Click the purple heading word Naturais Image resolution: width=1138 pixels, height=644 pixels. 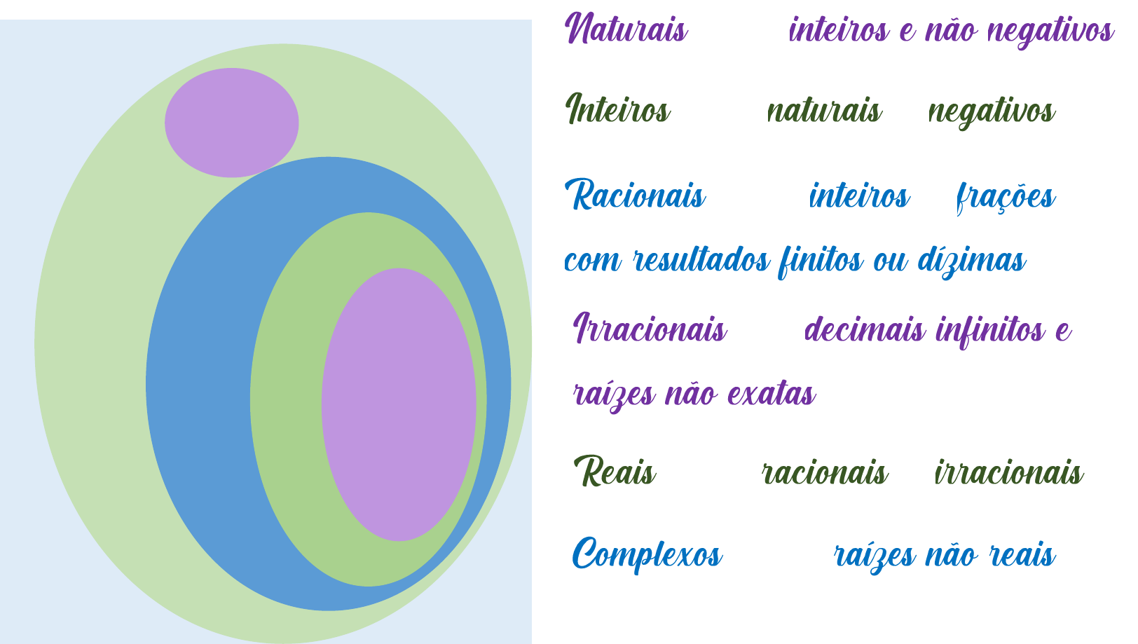626,30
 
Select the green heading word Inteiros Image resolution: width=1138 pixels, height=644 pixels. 617,110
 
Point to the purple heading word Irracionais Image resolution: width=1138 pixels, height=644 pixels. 650,328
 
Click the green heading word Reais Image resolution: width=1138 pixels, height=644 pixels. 615,472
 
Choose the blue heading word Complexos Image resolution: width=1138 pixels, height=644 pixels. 647,554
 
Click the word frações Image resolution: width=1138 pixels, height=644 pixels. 1005,197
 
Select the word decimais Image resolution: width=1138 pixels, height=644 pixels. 865,329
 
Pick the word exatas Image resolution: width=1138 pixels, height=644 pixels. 772,394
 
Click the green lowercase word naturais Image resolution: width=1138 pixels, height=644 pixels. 824,111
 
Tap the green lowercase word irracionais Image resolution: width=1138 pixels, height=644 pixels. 1009,473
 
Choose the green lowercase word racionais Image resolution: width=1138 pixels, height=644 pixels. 824,473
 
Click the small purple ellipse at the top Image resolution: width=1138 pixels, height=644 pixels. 231,123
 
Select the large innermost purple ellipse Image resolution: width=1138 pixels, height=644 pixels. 399,404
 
